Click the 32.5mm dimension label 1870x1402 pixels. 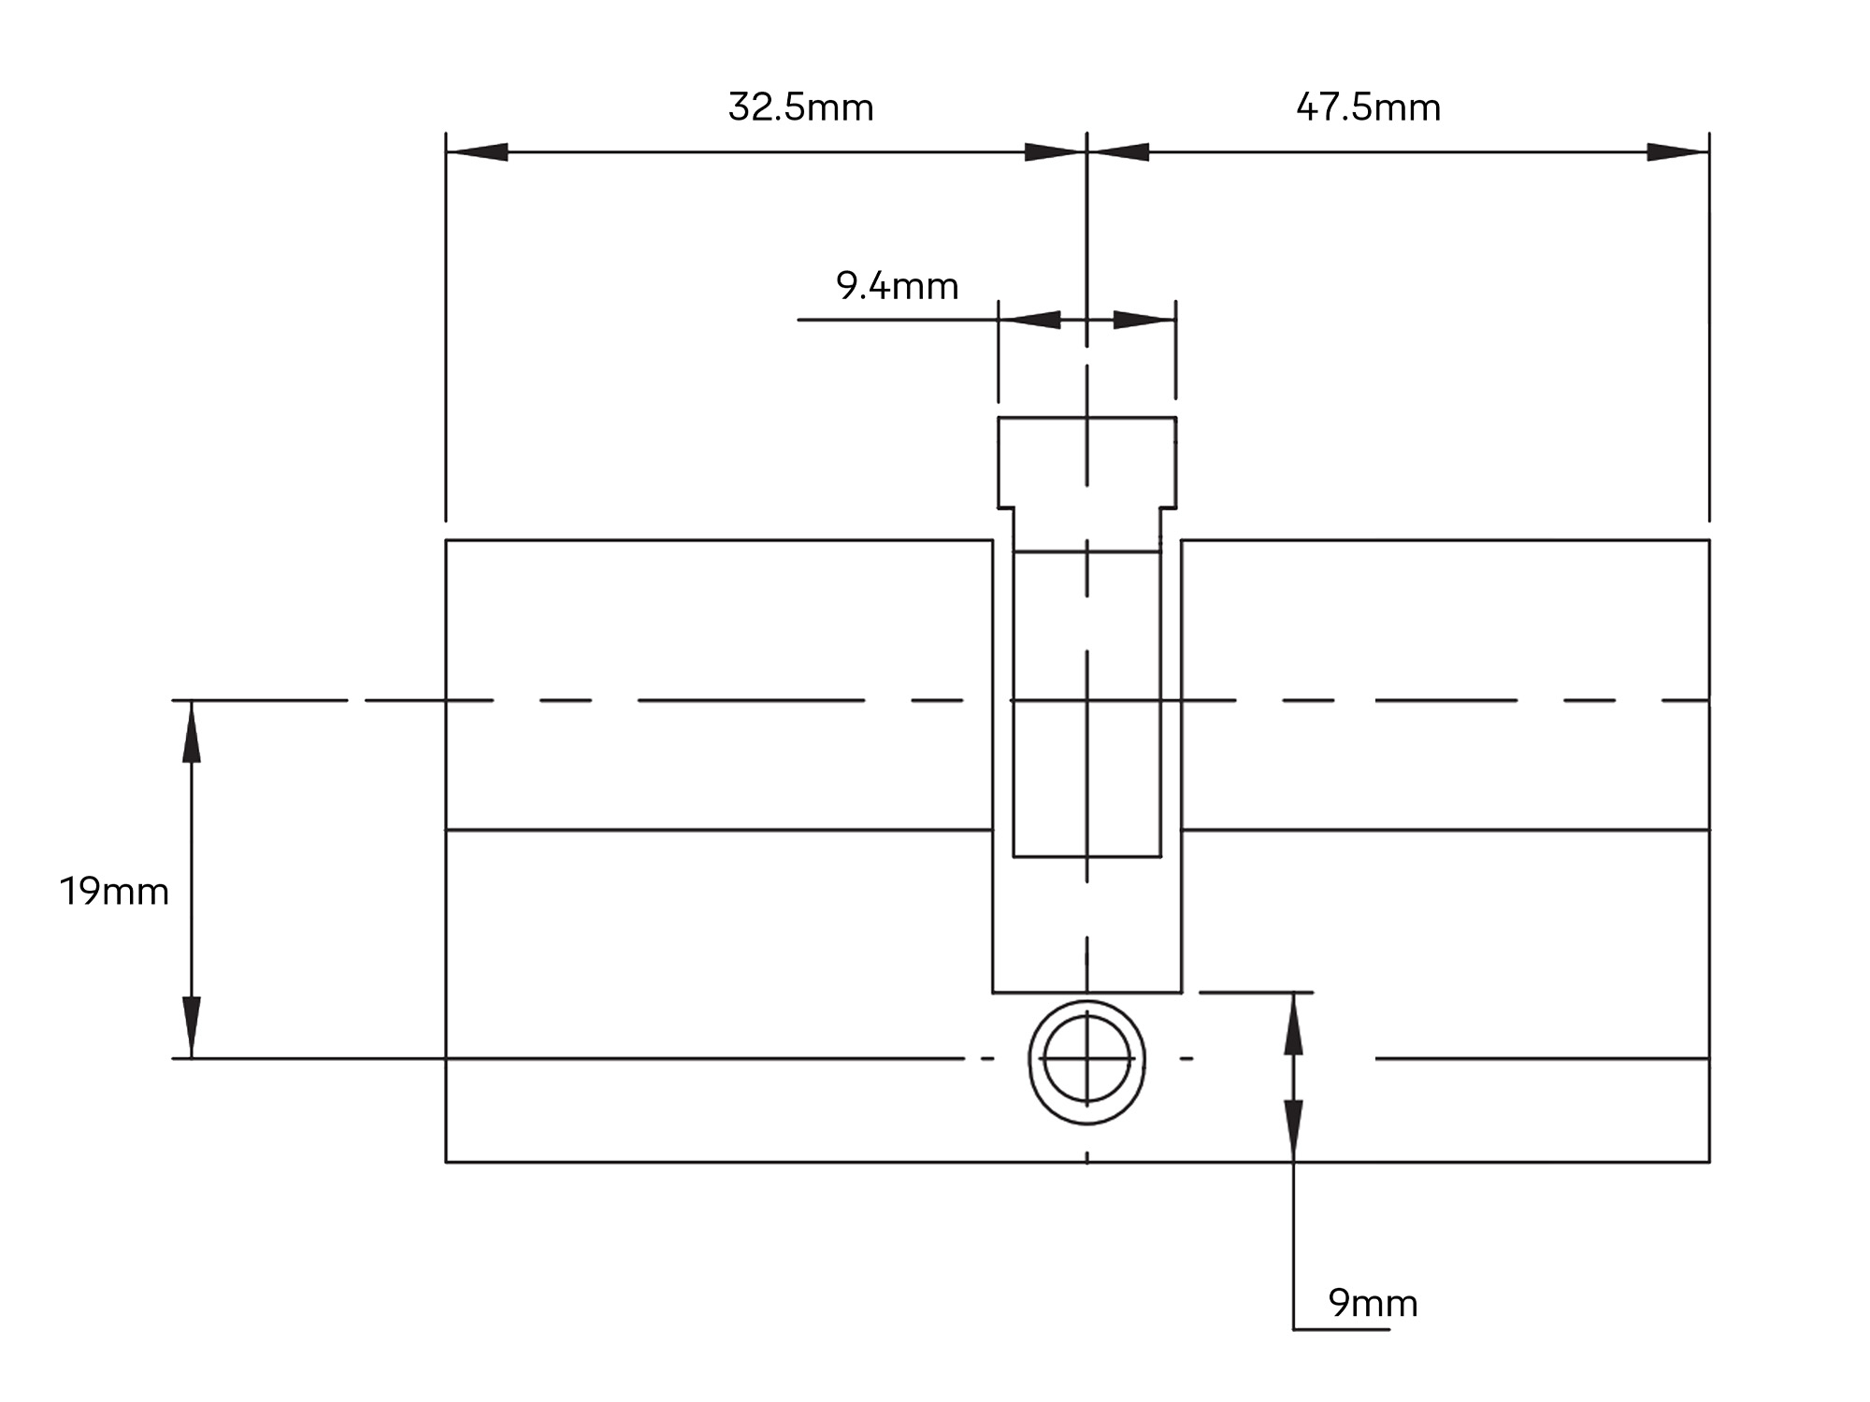[800, 107]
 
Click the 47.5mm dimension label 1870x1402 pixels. [1368, 107]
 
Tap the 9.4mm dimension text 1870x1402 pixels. [898, 286]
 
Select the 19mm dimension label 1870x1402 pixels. [114, 892]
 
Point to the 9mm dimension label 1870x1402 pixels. [1373, 1303]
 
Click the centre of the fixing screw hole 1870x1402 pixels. [1086, 1059]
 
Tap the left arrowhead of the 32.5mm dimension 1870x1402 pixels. [477, 152]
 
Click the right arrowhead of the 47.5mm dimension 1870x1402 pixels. [1678, 152]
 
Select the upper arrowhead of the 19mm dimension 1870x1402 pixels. [192, 731]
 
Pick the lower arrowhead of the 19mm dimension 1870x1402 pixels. [192, 1028]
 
